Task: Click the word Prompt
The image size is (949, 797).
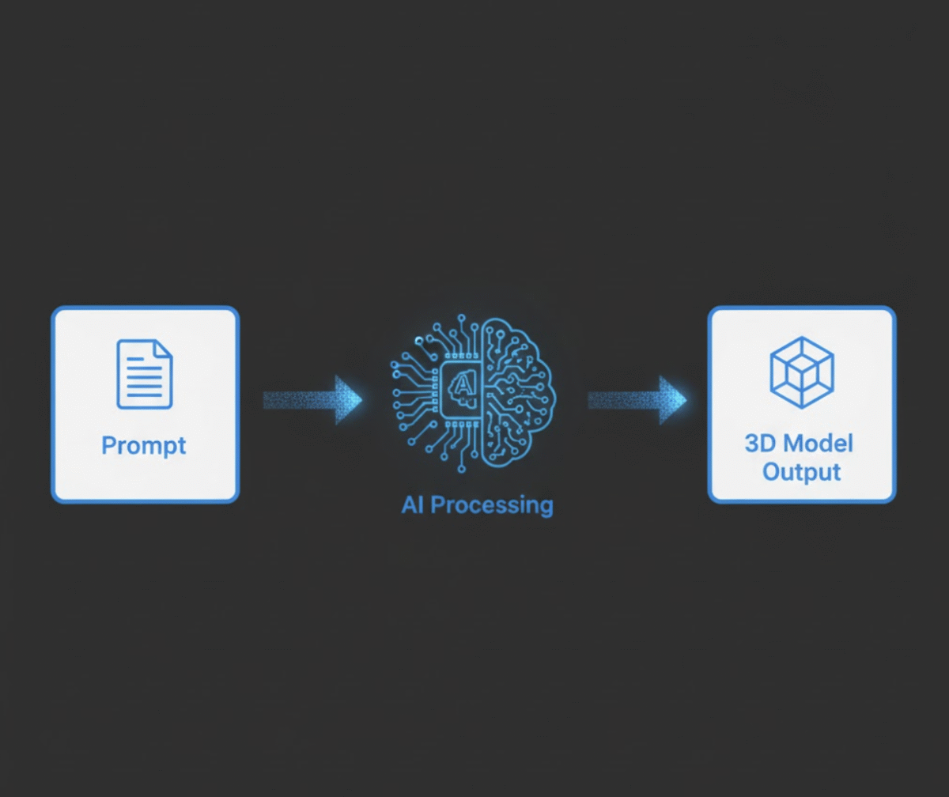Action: coord(144,445)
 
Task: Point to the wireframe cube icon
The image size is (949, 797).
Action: coord(802,372)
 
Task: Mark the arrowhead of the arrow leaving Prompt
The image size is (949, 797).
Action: coord(348,399)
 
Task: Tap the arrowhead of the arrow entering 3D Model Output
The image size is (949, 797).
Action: coord(672,399)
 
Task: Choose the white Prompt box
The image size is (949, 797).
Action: coord(145,405)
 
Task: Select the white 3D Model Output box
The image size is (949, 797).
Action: coord(802,405)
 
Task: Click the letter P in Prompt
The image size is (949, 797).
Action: coord(108,445)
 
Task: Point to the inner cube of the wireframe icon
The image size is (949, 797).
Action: coord(802,373)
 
